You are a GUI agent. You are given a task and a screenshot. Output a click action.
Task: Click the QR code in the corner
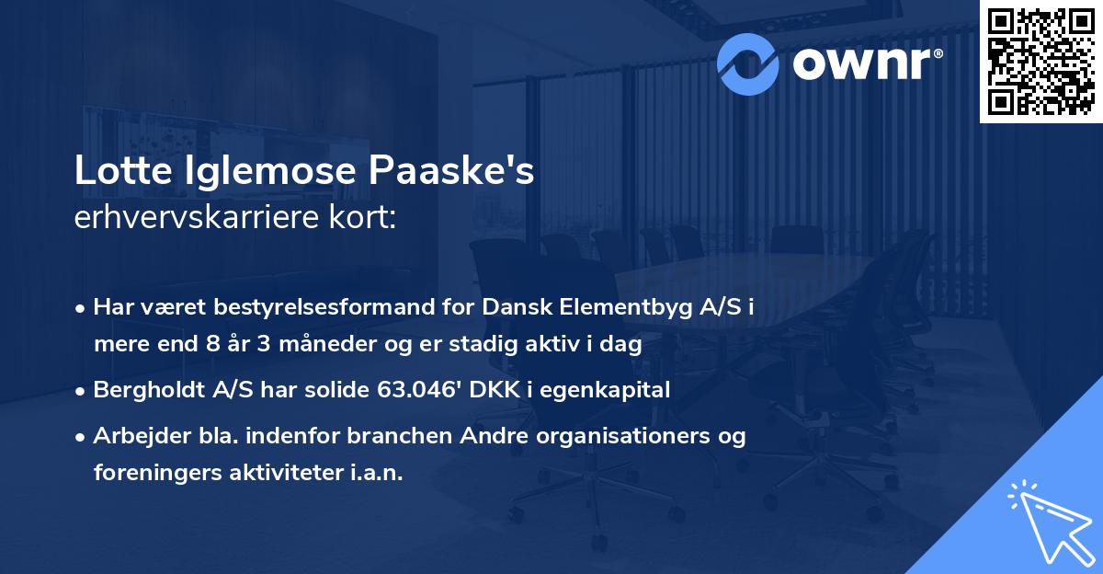[1041, 62]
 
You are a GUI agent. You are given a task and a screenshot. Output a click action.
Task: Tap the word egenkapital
[610, 389]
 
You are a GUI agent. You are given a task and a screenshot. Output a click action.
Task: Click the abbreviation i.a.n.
[377, 473]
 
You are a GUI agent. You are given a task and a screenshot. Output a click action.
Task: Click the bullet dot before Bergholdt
[83, 390]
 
